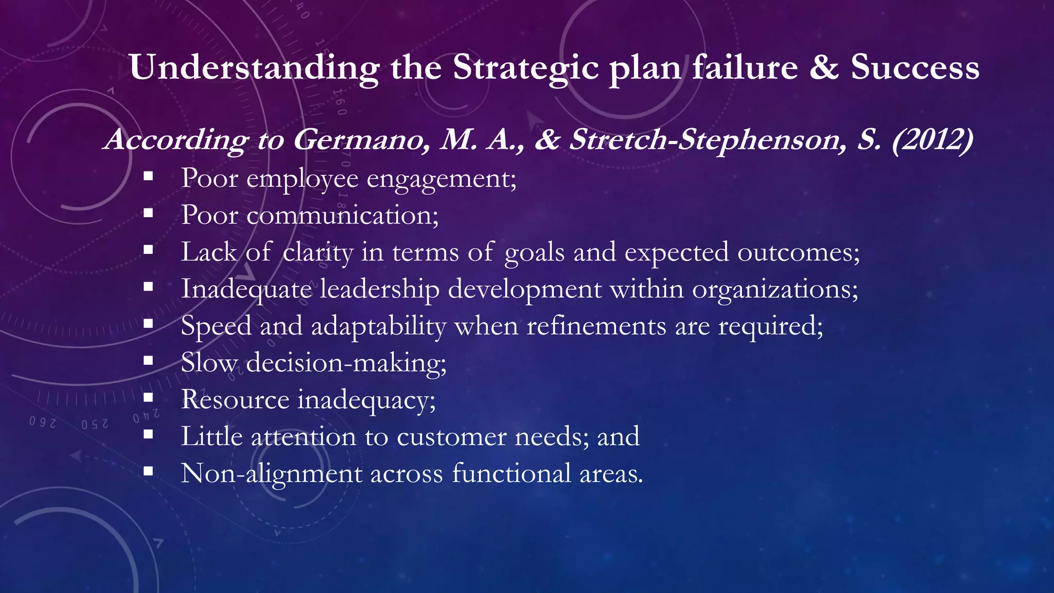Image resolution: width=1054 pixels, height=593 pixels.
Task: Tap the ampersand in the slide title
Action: tap(824, 68)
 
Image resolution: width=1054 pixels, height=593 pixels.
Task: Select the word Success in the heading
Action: tap(915, 68)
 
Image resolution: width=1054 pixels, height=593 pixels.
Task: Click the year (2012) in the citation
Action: tap(932, 140)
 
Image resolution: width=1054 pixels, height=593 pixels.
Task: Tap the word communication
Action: tap(342, 215)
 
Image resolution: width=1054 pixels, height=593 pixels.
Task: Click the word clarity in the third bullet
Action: tap(318, 253)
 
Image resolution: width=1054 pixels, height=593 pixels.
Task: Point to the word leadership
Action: tap(380, 289)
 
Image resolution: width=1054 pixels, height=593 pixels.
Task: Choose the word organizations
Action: tap(775, 289)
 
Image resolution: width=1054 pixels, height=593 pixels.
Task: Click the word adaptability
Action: tap(379, 326)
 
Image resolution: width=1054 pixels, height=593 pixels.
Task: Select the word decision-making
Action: tap(346, 363)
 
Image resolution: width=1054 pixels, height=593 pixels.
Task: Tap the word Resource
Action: tap(235, 400)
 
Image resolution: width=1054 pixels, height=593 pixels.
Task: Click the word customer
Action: tap(451, 437)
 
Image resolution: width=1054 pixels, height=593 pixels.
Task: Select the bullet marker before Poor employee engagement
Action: tap(149, 176)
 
